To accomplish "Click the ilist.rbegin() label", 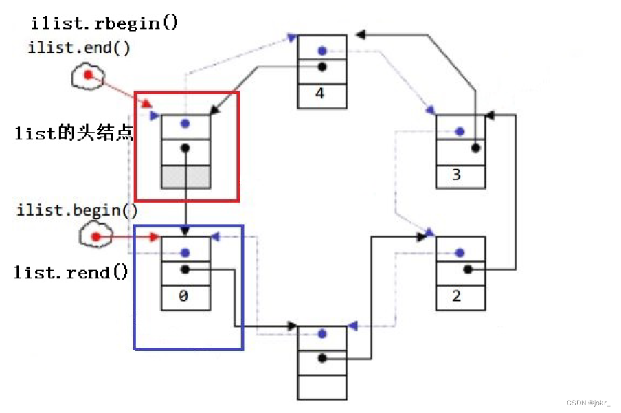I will click(x=104, y=23).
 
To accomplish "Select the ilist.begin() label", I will click(x=76, y=210).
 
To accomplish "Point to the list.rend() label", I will click(x=71, y=273).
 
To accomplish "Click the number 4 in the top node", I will click(x=320, y=92).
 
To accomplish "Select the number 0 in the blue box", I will click(x=183, y=298).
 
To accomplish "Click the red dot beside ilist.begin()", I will click(x=96, y=237).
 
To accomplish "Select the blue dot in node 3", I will click(x=459, y=131).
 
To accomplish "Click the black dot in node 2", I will click(x=467, y=269).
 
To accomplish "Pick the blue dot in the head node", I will click(x=184, y=124).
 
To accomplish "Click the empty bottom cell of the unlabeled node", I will click(x=322, y=387).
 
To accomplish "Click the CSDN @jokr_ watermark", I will click(x=588, y=403).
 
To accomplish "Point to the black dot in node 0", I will click(x=185, y=269).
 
